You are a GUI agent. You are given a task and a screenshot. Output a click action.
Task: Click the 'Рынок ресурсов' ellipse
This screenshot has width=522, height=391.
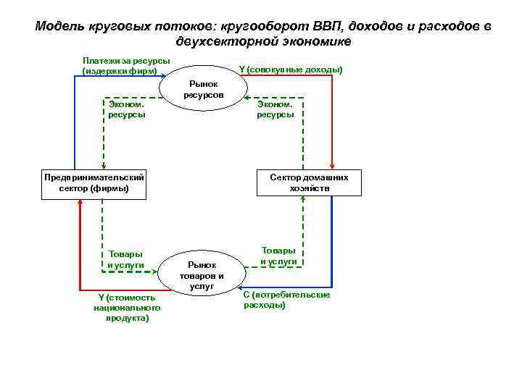203,91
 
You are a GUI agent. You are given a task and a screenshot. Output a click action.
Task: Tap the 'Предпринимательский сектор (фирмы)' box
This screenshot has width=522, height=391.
94,183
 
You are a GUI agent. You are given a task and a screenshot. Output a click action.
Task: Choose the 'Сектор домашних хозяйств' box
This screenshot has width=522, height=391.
309,183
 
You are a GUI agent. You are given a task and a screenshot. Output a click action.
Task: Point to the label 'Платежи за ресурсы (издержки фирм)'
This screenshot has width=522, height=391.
126,65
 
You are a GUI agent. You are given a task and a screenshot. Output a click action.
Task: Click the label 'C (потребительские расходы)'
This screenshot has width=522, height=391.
286,300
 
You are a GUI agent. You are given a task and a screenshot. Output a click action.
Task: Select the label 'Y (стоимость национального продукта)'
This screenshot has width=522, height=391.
126,307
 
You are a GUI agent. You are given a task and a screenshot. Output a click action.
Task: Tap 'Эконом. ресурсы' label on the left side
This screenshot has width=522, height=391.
126,109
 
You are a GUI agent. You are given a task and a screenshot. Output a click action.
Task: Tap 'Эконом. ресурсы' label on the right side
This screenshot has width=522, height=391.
275,109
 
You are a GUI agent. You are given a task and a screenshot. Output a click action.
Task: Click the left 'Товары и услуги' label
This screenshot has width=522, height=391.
125,259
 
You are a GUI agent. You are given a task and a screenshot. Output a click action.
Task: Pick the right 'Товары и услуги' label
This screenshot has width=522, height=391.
279,255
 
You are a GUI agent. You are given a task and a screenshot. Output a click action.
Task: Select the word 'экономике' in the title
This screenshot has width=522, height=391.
317,42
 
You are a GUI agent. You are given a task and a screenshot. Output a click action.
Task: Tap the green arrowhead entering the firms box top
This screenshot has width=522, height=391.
104,167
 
